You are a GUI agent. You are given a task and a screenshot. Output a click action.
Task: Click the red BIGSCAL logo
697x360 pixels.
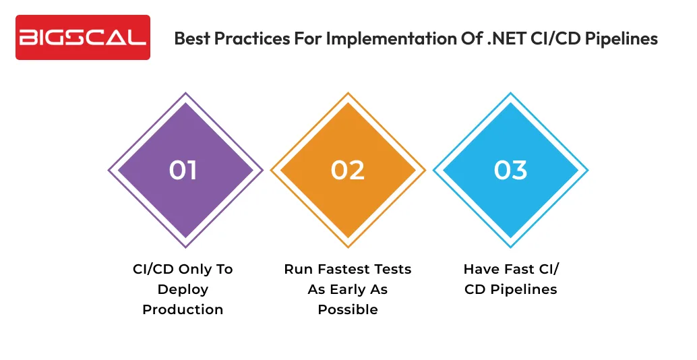83,38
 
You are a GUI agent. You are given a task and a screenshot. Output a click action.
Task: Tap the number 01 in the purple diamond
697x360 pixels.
183,170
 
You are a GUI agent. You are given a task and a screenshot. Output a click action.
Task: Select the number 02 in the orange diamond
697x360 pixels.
348,170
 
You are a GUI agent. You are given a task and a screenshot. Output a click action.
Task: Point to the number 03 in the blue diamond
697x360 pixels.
510,170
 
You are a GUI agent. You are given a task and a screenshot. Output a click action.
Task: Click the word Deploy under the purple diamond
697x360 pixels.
183,289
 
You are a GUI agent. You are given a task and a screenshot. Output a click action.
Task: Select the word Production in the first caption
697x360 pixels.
183,309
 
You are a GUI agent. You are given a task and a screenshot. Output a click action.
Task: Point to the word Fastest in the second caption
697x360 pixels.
342,269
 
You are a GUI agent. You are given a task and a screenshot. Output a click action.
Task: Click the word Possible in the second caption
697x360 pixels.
348,309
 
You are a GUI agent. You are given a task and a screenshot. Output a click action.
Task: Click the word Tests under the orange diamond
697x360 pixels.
392,269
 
